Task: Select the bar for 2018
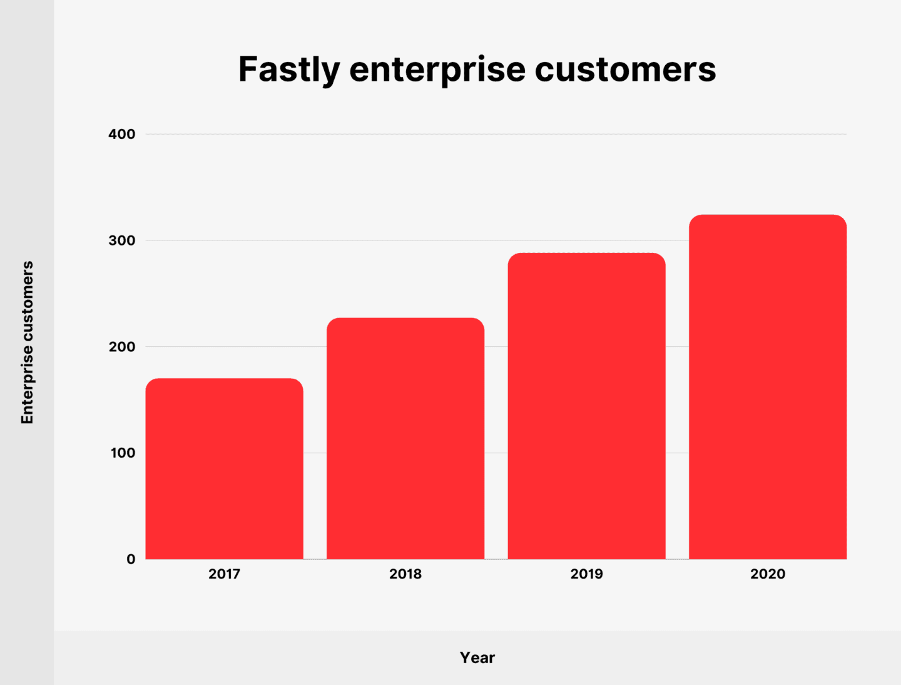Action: pos(405,438)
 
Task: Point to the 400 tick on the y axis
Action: pos(121,134)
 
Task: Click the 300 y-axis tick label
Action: pos(121,240)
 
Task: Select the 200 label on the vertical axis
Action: pos(121,347)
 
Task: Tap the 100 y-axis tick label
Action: pos(123,453)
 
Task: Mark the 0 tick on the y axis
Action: pos(130,559)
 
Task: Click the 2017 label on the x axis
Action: pos(224,574)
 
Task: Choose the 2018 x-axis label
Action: pos(405,574)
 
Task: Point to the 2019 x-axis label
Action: pos(586,574)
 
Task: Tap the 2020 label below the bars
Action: pos(768,574)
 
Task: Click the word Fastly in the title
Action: pos(288,70)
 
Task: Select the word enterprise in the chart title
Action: pos(437,70)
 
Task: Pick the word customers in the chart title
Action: pos(625,70)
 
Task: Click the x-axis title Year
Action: pos(477,657)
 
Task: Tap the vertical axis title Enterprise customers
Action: pos(27,343)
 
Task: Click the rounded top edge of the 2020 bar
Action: pos(768,216)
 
